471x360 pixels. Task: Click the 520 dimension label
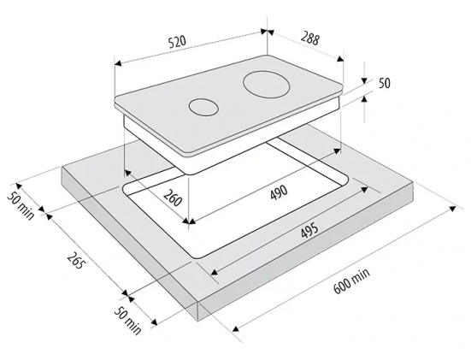(177, 42)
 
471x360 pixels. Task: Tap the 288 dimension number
(309, 38)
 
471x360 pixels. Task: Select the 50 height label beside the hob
(384, 83)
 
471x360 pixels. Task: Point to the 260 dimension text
(173, 198)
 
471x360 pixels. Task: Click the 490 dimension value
(279, 192)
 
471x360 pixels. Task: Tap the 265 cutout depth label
(74, 260)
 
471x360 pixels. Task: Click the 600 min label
(351, 281)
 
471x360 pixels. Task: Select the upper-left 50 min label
(21, 206)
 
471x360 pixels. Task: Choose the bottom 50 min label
(127, 321)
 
